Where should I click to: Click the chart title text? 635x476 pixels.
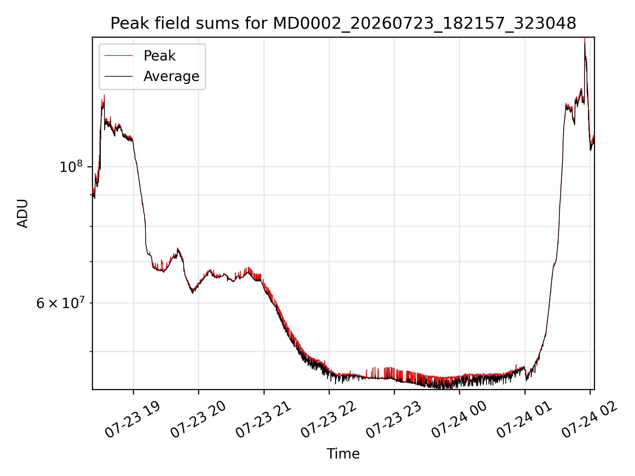(x=343, y=24)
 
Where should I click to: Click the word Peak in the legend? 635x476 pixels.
(x=159, y=56)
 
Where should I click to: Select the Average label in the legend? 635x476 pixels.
(x=171, y=76)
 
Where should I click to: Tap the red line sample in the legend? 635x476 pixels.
(x=118, y=56)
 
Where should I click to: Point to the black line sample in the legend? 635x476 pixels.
(x=118, y=76)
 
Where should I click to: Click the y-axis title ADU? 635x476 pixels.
(x=22, y=213)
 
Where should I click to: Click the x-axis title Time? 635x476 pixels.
(x=343, y=454)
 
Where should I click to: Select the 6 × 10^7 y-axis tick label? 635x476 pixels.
(x=61, y=302)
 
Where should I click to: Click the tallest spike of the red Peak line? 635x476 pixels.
(x=584, y=38)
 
